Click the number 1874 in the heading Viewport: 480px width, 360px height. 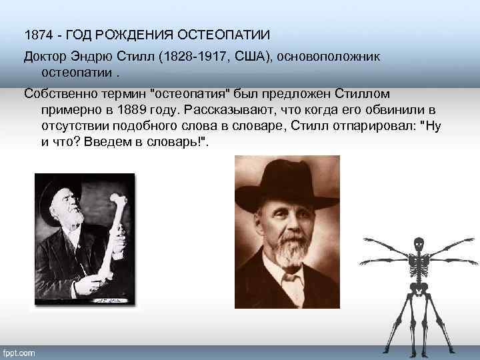coord(37,34)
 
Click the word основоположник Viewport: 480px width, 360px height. coord(333,57)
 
